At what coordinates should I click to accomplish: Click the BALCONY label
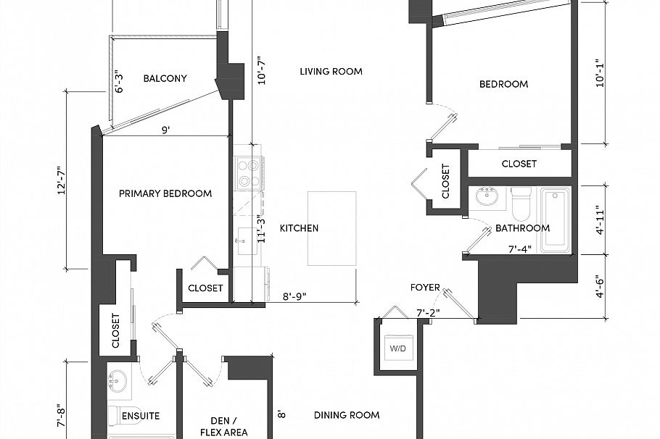tap(165, 79)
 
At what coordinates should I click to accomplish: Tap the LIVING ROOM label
tap(331, 71)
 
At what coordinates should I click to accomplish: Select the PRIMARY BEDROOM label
tap(165, 193)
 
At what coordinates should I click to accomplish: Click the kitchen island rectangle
tap(332, 228)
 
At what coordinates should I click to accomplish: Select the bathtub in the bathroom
tap(556, 220)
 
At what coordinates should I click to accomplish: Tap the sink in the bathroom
tap(487, 196)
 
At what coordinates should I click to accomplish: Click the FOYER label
tap(425, 288)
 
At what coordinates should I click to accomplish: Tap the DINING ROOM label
tap(347, 415)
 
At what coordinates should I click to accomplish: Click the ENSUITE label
tap(141, 416)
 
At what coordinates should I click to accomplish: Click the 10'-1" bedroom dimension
tap(599, 72)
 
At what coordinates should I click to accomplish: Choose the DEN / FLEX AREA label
tap(223, 425)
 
